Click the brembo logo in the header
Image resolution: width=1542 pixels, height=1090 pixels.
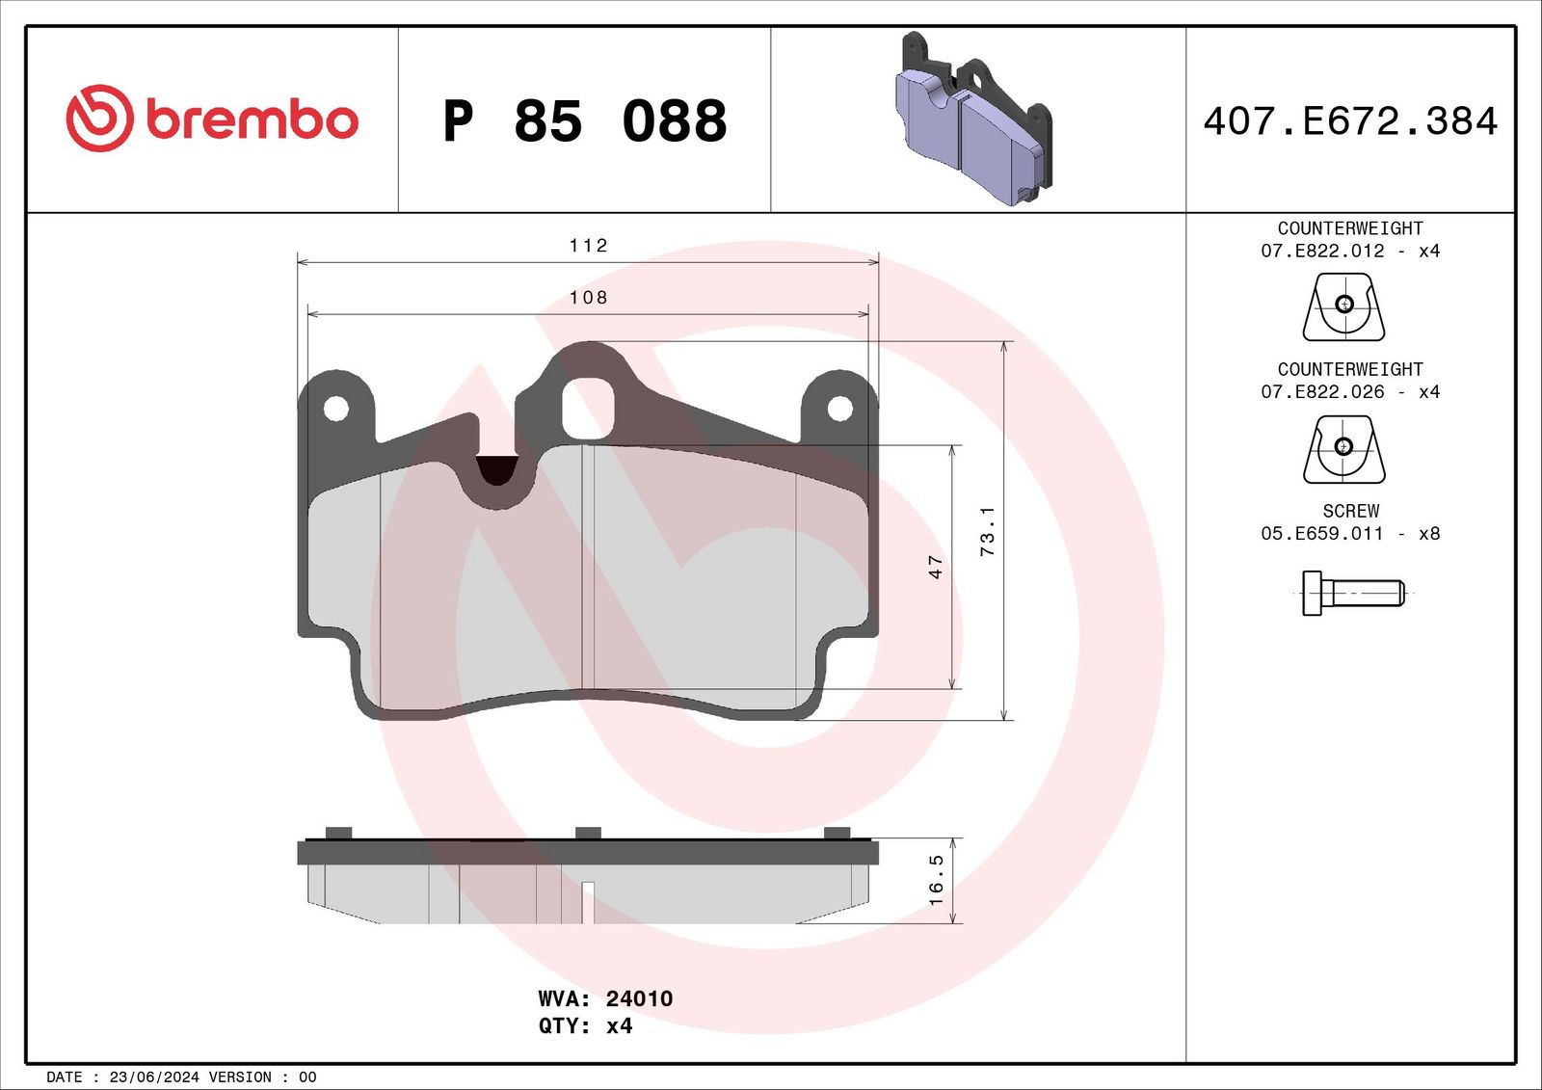pos(212,119)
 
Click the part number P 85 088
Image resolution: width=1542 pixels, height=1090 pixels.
pos(584,121)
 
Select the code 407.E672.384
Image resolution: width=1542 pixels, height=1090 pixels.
pos(1349,121)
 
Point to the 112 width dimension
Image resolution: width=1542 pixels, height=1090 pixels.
pos(588,246)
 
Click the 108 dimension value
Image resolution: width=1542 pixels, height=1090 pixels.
pos(588,298)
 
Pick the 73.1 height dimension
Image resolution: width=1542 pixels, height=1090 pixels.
pos(988,530)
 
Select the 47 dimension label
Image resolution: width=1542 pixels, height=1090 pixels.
pos(936,567)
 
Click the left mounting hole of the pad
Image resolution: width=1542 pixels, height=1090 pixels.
pos(335,409)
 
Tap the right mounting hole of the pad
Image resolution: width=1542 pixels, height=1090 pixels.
pos(839,409)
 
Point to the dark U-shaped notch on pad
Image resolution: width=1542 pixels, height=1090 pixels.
pos(497,469)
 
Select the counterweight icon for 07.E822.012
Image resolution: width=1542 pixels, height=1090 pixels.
pos(1343,306)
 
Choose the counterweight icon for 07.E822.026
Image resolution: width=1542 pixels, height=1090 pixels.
pos(1343,448)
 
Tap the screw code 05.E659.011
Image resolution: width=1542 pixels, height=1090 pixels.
pos(1321,534)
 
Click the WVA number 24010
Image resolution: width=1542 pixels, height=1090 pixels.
pos(639,998)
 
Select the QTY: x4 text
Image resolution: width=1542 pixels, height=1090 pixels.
pos(585,1025)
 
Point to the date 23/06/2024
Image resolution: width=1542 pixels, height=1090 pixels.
pos(154,1077)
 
